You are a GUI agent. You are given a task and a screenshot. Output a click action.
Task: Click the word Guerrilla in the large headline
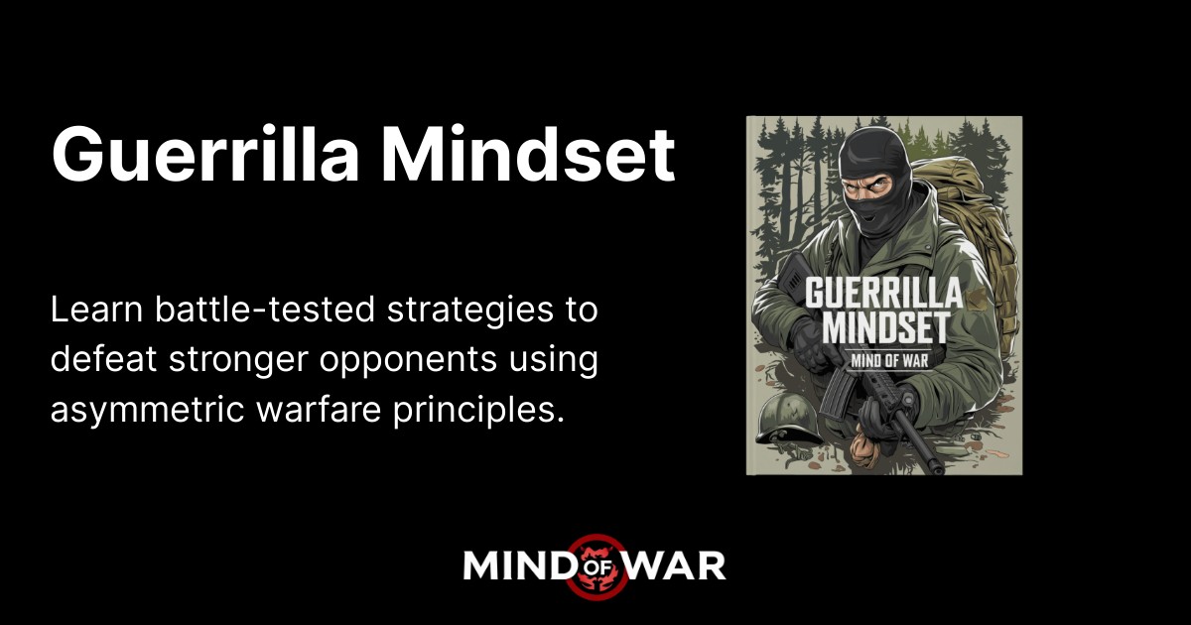203,154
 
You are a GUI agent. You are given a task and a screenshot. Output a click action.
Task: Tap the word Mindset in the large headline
528,154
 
